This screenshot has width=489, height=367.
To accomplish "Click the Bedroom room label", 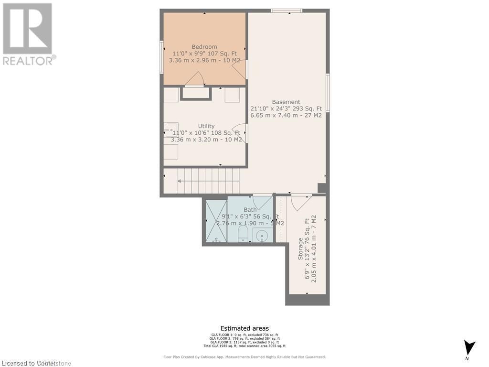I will (204, 47).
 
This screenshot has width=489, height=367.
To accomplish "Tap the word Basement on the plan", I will (286, 102).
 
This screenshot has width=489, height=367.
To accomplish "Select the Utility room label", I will (206, 126).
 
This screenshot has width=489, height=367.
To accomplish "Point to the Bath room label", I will (250, 210).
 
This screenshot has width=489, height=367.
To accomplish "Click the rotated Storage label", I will (301, 249).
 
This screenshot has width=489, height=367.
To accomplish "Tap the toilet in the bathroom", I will (242, 234).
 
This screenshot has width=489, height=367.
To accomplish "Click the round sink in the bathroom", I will (262, 235).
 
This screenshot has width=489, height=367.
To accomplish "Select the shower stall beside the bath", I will (216, 221).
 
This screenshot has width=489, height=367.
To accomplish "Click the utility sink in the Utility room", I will (171, 130).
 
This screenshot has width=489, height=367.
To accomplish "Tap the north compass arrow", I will (469, 347).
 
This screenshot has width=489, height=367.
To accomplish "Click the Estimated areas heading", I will (244, 328).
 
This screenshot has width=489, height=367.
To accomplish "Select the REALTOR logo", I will (29, 33).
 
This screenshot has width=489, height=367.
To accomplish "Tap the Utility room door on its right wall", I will (240, 132).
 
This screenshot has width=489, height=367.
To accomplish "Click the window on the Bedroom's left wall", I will (162, 57).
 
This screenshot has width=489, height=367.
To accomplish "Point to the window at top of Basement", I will (287, 11).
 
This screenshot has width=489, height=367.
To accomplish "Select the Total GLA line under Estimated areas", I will (244, 345).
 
